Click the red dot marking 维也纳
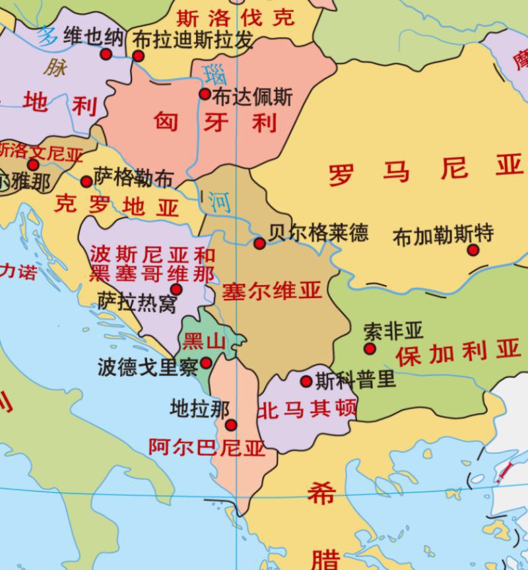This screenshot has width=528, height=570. (106, 54)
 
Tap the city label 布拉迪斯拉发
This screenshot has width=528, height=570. (193, 41)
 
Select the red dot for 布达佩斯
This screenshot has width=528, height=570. (205, 94)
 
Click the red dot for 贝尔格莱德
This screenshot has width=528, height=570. (259, 243)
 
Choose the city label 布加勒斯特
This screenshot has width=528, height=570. (443, 236)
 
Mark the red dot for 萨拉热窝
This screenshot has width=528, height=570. (176, 289)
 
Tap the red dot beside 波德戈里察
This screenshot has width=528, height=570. (206, 363)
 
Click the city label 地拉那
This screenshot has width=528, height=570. (199, 409)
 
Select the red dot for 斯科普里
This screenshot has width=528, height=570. (306, 381)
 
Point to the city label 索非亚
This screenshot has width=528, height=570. (393, 331)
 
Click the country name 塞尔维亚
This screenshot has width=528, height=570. (271, 291)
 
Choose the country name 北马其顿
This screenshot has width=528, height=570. (307, 410)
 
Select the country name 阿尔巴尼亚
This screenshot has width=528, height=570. (206, 448)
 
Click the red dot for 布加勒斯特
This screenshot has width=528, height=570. (473, 250)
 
